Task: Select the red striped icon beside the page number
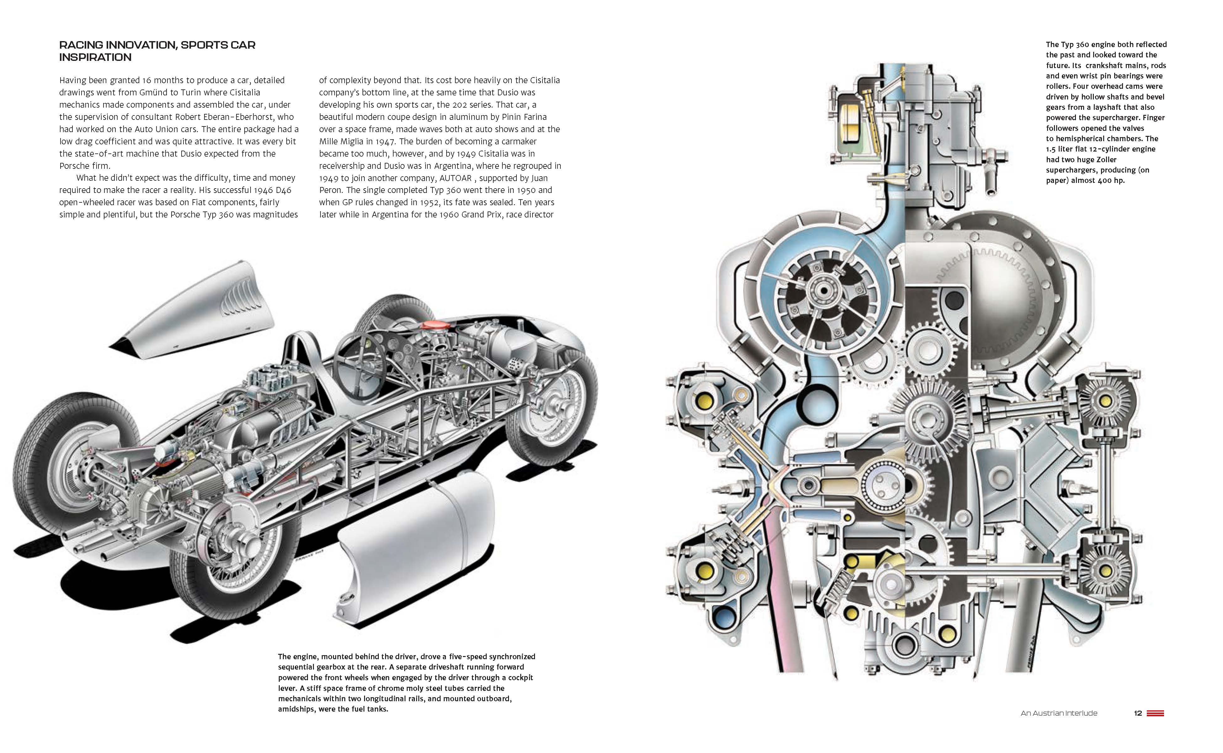click(1155, 713)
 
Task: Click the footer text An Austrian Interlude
click(1059, 713)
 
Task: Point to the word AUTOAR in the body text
click(455, 178)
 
